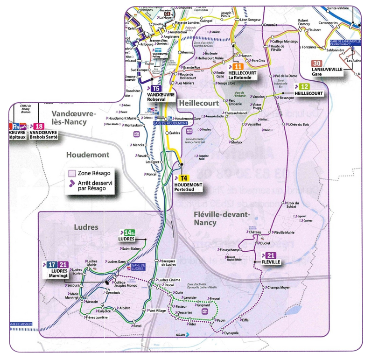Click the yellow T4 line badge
tap(184, 177)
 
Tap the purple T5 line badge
tap(156, 88)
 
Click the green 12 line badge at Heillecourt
tap(304, 87)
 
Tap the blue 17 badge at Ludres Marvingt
tap(52, 265)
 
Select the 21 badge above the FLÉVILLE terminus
tap(269, 255)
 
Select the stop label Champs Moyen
tap(279, 288)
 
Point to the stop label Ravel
tap(137, 326)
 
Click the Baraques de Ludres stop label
tap(168, 263)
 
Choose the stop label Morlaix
tap(237, 142)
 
